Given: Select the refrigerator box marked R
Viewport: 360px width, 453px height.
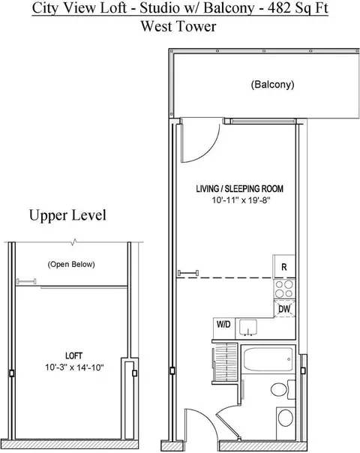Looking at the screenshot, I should [284, 267].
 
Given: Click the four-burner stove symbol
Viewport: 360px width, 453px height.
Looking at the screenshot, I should [284, 288].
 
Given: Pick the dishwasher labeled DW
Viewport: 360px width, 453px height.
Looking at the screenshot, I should [284, 308].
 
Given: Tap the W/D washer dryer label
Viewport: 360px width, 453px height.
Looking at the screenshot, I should [223, 325].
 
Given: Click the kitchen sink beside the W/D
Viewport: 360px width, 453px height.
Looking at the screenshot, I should [250, 328].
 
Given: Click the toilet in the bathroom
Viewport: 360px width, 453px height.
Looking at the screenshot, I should [284, 417].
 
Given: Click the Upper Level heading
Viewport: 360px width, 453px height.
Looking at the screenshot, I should [67, 216].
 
